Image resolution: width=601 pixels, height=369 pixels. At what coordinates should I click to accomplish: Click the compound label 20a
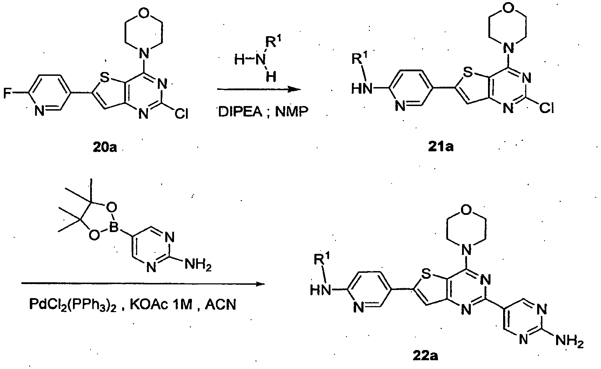point(105,147)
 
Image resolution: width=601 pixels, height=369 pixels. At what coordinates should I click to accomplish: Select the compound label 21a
point(441,147)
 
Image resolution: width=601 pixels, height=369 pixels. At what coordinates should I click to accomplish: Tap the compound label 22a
point(426,356)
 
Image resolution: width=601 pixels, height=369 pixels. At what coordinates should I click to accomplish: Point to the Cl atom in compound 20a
point(182,114)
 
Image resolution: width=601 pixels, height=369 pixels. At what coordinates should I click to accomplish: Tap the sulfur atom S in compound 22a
point(426,274)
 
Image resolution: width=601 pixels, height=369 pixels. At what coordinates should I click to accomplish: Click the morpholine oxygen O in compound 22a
point(466,209)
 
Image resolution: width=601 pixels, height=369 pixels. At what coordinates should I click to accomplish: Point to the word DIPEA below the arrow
point(240,112)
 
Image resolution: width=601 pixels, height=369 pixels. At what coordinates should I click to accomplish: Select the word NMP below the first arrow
point(292,112)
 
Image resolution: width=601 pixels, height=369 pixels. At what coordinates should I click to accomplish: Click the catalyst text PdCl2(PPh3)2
point(73,305)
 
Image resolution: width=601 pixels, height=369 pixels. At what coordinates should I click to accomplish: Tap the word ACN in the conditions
point(221,304)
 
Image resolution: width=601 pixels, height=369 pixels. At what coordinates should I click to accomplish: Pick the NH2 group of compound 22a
point(570,342)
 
